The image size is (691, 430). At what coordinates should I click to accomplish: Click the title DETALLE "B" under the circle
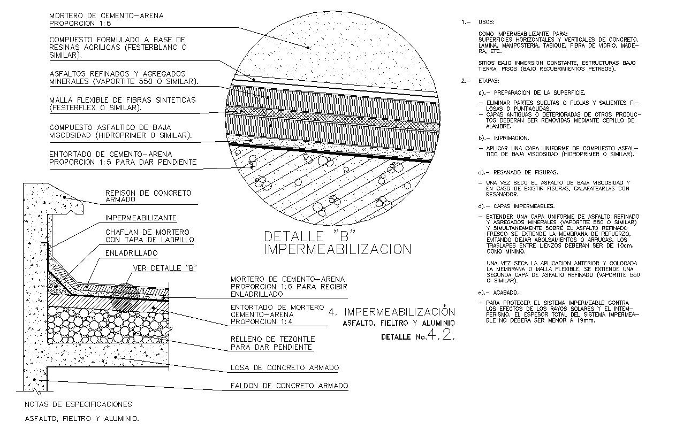point(310,236)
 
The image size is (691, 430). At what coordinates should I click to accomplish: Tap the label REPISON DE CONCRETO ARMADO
point(148,196)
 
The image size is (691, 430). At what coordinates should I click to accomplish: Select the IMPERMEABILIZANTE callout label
point(141,218)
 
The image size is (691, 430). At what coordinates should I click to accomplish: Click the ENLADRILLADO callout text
point(131,253)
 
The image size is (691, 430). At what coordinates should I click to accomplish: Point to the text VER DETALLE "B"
point(164,268)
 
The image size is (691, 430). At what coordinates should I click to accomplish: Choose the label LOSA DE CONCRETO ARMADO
point(284,368)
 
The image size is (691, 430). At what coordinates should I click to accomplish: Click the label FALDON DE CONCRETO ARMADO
point(289,386)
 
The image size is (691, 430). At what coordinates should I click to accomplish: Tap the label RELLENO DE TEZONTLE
point(272,339)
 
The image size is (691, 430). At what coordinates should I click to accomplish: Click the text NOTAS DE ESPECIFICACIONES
point(78,404)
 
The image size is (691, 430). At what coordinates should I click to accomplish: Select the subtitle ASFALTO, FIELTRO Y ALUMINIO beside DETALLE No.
point(399,323)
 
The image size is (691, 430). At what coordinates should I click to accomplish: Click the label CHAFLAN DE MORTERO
point(147,232)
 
